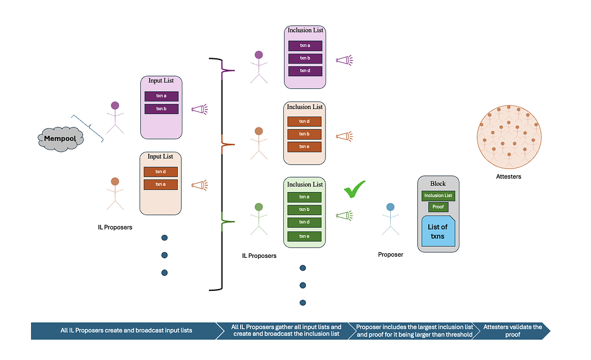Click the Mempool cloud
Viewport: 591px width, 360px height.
tap(61, 138)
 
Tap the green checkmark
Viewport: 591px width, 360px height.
tap(354, 189)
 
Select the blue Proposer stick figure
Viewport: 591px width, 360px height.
tap(391, 220)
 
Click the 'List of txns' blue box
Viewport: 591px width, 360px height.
tap(438, 231)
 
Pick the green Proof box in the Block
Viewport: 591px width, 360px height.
tap(438, 207)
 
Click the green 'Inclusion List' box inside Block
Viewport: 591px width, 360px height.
tap(438, 196)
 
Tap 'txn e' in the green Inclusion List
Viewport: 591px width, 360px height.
tap(305, 236)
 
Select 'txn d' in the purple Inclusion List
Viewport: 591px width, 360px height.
tap(305, 70)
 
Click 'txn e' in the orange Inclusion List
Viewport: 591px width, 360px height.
tap(305, 147)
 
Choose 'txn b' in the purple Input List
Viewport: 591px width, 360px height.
tap(161, 109)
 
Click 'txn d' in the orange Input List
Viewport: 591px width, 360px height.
tap(160, 172)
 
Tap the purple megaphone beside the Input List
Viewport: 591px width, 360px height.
tap(199, 109)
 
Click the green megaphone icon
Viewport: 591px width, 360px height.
tap(344, 215)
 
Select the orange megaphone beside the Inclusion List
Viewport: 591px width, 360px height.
tap(345, 137)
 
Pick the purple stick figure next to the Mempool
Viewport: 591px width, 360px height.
tap(115, 118)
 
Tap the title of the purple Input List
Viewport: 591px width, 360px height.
tap(161, 81)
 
